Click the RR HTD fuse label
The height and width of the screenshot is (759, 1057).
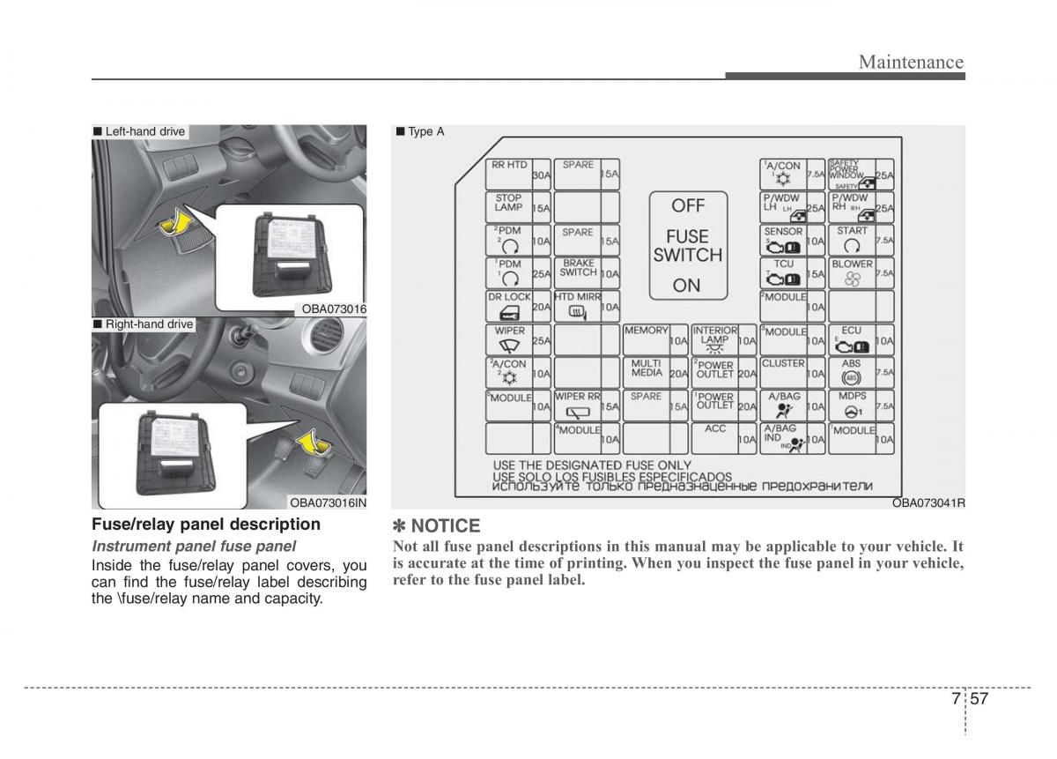click(x=509, y=165)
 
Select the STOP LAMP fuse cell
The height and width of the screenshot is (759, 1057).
click(x=519, y=206)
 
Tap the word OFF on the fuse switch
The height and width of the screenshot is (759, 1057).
click(x=688, y=205)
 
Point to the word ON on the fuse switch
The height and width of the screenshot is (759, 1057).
click(x=687, y=285)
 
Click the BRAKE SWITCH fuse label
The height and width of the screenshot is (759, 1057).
click(x=579, y=268)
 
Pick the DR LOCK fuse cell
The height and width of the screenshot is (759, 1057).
click(x=519, y=307)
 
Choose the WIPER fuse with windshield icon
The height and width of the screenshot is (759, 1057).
click(x=519, y=339)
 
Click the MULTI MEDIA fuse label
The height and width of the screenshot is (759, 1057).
click(x=647, y=368)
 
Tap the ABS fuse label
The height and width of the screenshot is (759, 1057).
click(x=851, y=362)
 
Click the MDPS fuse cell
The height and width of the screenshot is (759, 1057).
click(x=861, y=406)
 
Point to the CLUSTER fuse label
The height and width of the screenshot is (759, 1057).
click(x=783, y=363)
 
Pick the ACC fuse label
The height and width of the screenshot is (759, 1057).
click(x=715, y=428)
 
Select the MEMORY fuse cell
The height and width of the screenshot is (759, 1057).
click(x=656, y=339)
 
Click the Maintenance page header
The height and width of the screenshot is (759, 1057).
click(x=911, y=62)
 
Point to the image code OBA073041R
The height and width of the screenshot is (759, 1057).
click(x=928, y=502)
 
